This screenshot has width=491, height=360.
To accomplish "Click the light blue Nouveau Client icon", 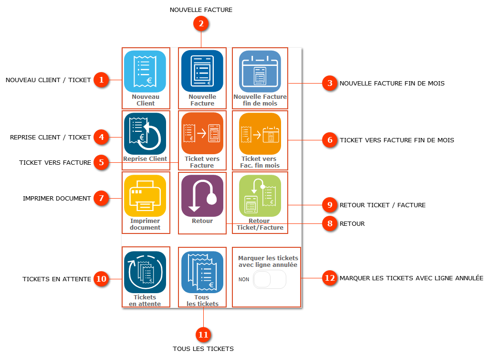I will pos(145,71).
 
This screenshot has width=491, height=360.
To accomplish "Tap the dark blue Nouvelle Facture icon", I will pos(202,71).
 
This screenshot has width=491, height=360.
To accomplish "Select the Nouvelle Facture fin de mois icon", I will pos(260,71).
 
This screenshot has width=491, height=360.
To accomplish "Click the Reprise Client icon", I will pos(145,134).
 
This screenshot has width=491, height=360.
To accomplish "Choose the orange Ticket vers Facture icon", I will pos(202,134).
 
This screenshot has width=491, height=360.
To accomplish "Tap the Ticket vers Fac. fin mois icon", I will pos(260,134).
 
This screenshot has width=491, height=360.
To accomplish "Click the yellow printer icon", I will pos(145,196).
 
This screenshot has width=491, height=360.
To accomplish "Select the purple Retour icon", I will pos(202,196).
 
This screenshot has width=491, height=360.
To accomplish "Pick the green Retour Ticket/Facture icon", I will pos(260,196).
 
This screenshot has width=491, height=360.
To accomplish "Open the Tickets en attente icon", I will pos(145,272).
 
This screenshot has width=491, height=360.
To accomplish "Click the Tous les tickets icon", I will pos(202,272).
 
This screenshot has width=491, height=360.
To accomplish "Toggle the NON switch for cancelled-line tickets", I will pos(270,279).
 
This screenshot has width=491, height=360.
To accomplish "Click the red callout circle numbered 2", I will pos(201,24).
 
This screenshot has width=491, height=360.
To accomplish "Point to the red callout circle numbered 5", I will pos(101,162).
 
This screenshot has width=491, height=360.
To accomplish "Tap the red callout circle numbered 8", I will pos(330,223).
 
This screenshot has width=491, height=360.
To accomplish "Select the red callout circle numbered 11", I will pos(203,335).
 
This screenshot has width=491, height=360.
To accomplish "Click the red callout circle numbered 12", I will pos(330,278).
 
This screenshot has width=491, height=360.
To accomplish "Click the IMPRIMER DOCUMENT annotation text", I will pos(57,198).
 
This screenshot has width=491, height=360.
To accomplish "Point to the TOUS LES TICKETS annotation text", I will pos(203,349).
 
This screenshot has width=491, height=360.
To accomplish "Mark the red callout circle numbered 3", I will pos(330,83).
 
